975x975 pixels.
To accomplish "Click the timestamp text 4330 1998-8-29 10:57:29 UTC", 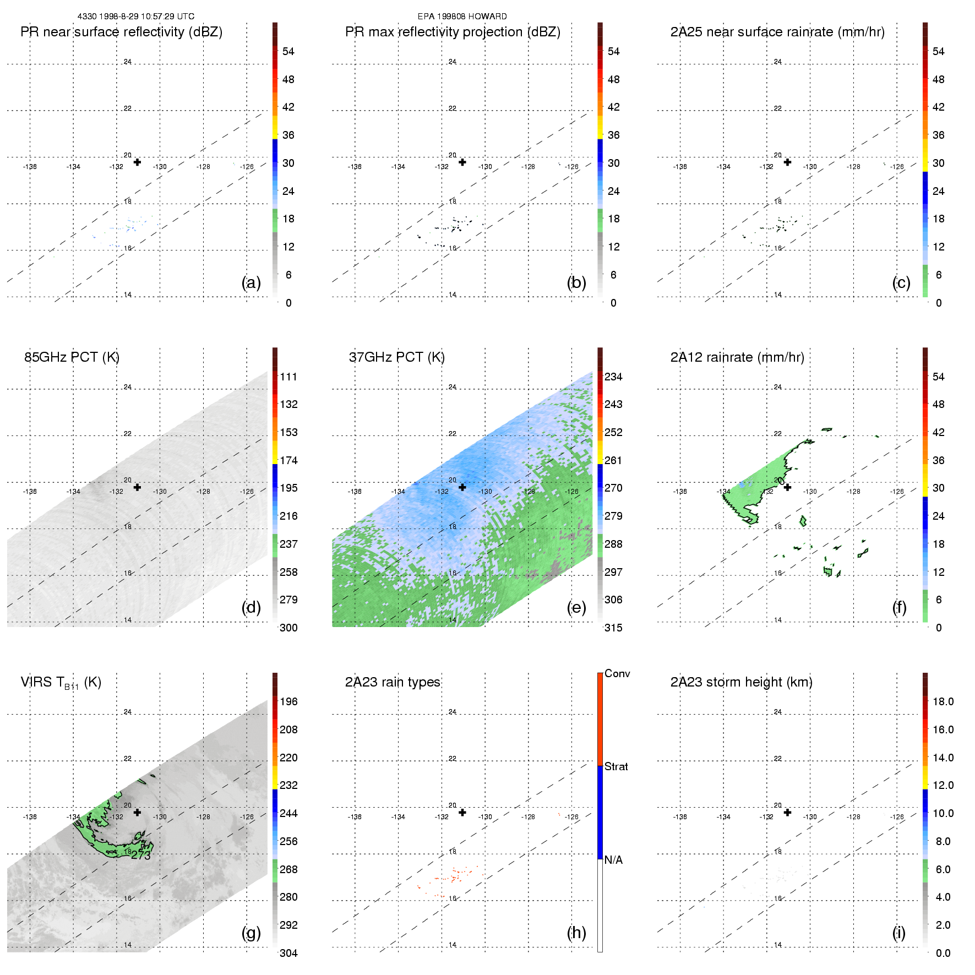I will tap(135, 17).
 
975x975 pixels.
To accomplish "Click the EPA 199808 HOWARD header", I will tap(462, 17).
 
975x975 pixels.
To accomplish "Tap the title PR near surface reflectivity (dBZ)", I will tap(121, 32).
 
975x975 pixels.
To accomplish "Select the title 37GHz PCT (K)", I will tap(396, 357).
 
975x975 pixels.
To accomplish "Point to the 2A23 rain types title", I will tap(393, 682).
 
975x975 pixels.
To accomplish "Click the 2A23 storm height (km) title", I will tap(741, 682).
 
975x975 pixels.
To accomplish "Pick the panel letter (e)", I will tap(576, 607).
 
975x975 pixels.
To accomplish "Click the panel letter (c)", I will tap(901, 282).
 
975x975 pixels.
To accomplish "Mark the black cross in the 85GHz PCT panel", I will tap(137, 487).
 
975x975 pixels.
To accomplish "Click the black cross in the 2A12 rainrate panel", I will tap(787, 487).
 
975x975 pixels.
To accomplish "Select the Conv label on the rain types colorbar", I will tap(617, 673).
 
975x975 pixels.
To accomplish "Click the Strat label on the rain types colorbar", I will tap(616, 766).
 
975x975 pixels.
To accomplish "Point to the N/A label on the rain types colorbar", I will tap(613, 860).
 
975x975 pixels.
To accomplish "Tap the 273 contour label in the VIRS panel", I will tap(141, 856).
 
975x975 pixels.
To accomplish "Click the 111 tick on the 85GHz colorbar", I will tap(288, 377).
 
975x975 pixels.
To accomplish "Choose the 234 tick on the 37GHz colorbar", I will tap(613, 377).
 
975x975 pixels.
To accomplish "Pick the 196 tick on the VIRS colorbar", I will tap(288, 701).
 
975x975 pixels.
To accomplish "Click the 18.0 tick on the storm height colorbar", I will tap(943, 701).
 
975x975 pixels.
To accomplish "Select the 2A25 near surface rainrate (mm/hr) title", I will tap(777, 32).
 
